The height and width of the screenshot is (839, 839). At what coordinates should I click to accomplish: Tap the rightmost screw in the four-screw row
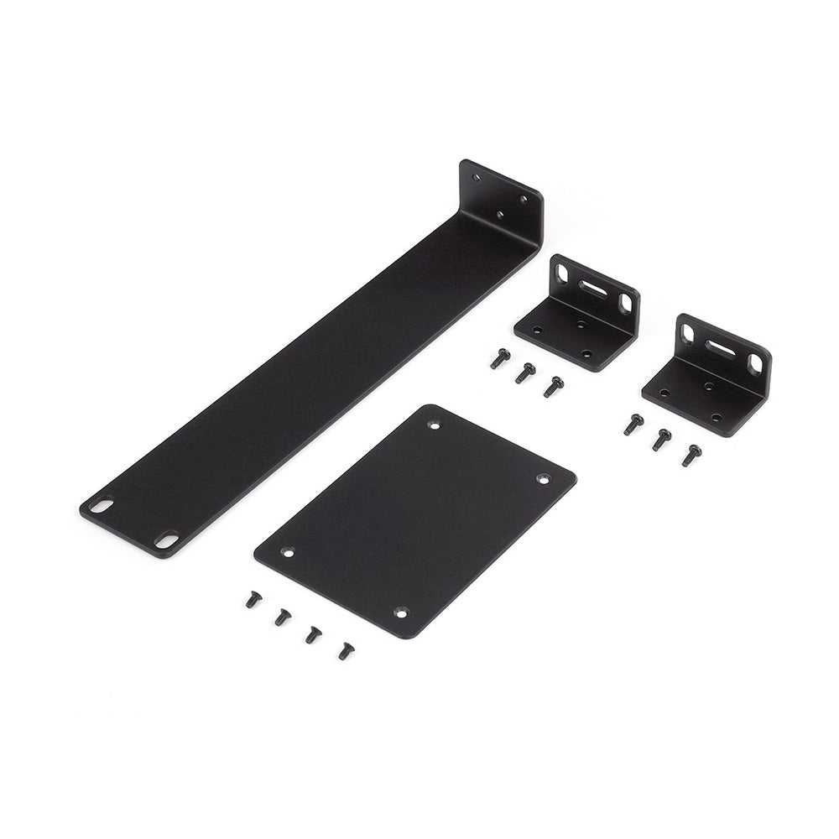[x=346, y=650]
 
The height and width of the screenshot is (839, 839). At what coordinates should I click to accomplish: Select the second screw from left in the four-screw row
[x=283, y=618]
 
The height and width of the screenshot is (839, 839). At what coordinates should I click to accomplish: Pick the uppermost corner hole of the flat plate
[x=434, y=425]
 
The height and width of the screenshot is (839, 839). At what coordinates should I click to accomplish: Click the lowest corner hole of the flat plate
[x=400, y=613]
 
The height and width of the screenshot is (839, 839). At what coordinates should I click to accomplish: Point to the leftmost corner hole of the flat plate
[x=287, y=553]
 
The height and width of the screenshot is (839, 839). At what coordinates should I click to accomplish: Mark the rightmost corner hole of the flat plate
[x=543, y=479]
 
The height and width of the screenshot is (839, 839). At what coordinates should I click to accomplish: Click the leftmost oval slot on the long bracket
[x=101, y=506]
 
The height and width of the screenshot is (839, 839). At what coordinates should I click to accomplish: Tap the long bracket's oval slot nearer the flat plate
[x=166, y=541]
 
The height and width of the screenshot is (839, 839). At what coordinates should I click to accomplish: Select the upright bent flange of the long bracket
[x=501, y=197]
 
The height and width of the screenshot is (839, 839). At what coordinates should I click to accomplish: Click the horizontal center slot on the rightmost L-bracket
[x=719, y=346]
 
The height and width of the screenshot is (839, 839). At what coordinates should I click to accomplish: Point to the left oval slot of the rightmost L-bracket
[x=688, y=333]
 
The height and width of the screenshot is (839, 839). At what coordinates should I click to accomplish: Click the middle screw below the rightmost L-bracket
[x=662, y=439]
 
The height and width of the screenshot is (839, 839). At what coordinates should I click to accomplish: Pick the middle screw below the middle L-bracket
[x=525, y=373]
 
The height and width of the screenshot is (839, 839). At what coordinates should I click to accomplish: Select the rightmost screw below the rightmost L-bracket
[x=691, y=455]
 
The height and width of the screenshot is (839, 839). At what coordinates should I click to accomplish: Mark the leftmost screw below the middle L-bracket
[x=500, y=358]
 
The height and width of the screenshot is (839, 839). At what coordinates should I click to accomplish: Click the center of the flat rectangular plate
[x=415, y=520]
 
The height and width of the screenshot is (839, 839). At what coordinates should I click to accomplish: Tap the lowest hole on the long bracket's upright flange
[x=500, y=216]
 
